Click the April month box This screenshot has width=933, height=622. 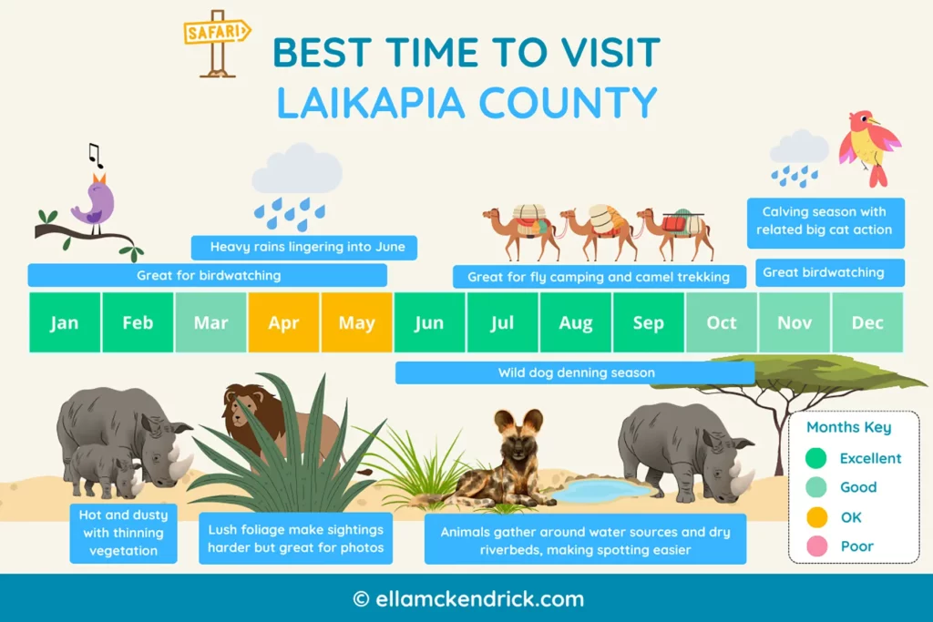pyautogui.click(x=283, y=322)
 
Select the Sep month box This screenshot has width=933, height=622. pyautogui.click(x=648, y=322)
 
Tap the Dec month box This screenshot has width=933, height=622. pyautogui.click(x=867, y=322)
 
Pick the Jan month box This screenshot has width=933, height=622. pyautogui.click(x=65, y=322)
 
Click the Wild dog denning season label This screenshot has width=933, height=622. pyautogui.click(x=576, y=372)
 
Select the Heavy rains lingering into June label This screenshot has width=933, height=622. pyautogui.click(x=304, y=247)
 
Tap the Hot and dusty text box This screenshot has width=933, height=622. pyautogui.click(x=123, y=533)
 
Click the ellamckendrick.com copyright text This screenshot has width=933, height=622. pyautogui.click(x=467, y=599)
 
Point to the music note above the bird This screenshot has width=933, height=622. pyautogui.click(x=95, y=156)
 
